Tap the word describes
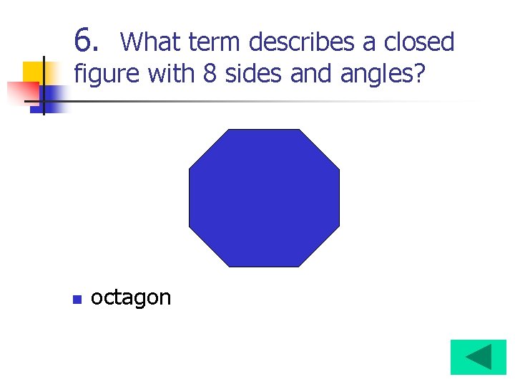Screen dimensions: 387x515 click(x=302, y=42)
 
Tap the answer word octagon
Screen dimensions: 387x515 click(x=131, y=297)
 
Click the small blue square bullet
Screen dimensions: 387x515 click(x=77, y=299)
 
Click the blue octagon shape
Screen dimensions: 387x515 click(x=264, y=198)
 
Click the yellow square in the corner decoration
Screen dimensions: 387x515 click(x=33, y=72)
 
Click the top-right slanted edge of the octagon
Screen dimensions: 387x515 click(x=320, y=149)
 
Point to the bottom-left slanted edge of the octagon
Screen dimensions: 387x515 click(x=208, y=247)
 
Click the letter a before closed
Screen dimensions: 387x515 click(x=371, y=43)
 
